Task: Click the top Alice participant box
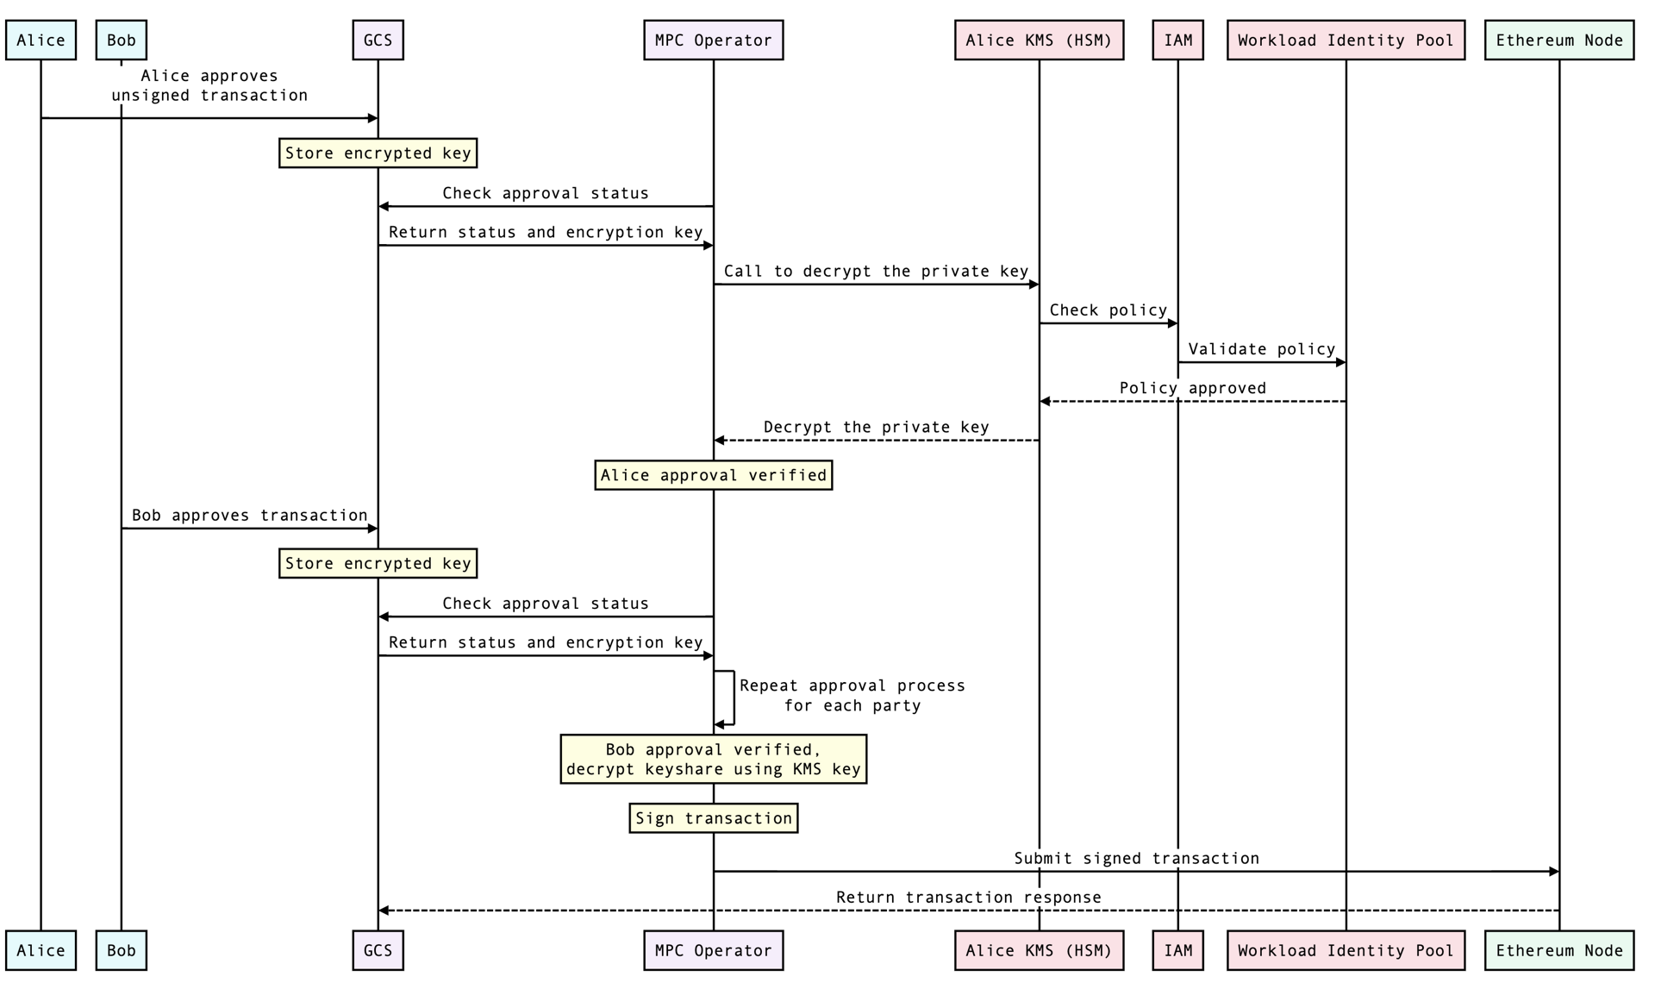41,41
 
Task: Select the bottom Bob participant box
121,950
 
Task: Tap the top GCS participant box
378,41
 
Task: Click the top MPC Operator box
713,41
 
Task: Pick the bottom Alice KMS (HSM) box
1039,950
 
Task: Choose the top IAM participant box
1177,41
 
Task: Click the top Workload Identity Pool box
1346,41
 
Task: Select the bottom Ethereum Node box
1558,950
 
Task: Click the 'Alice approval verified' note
713,475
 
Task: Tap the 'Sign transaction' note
713,818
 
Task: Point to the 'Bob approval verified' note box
713,759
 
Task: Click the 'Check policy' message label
1108,310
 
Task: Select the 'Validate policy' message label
1261,349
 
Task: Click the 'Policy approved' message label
1192,388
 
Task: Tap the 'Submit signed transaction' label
1136,858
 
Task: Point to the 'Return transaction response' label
968,898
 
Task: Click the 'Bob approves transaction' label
249,516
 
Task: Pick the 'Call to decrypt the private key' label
876,272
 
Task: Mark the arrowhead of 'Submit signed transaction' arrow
1553,872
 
